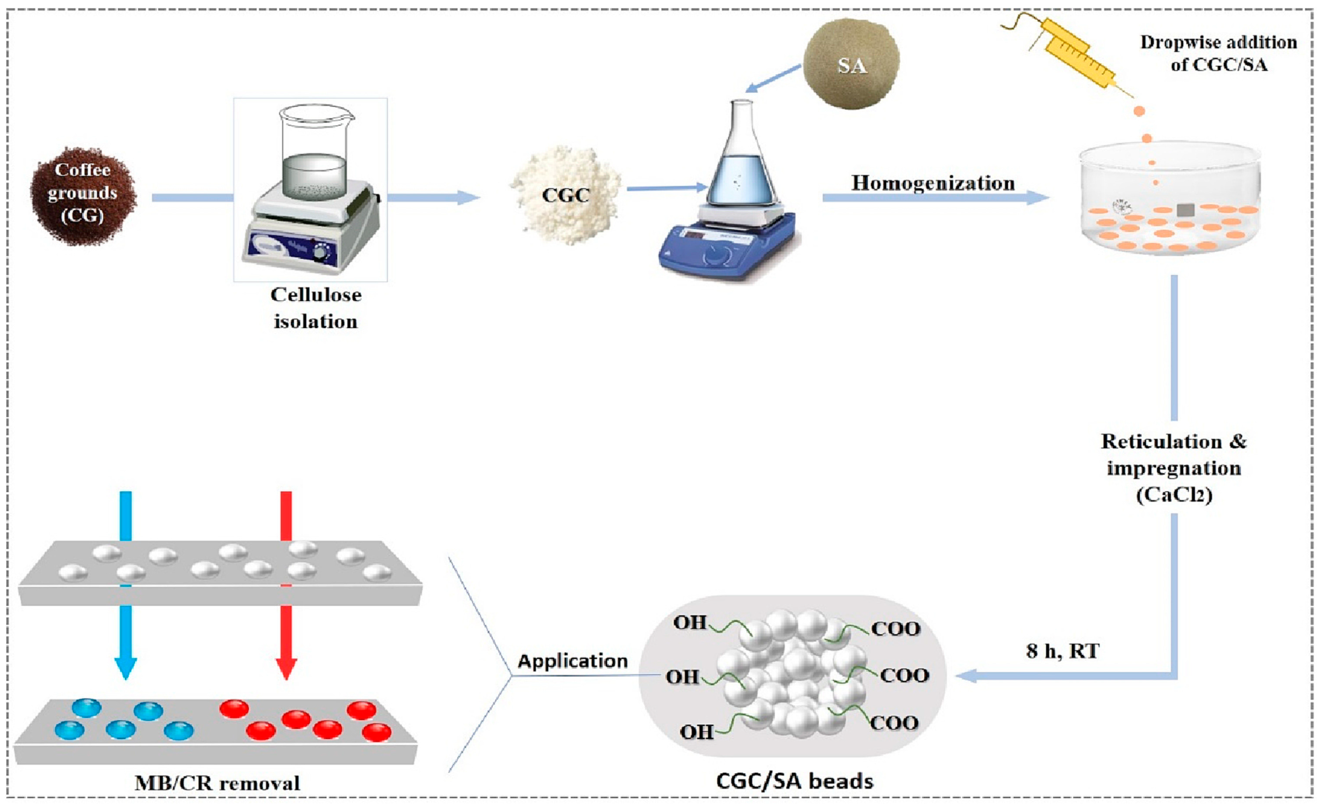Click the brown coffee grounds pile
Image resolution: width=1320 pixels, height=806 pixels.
(83, 195)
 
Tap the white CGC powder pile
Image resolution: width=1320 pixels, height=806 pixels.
(565, 195)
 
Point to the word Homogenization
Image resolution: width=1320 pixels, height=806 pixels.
(933, 183)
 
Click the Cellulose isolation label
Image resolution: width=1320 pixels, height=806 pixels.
(315, 308)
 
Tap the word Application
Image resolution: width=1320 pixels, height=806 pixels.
(572, 661)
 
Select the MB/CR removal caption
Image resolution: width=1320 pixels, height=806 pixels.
(217, 783)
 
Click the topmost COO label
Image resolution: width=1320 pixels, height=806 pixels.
(895, 628)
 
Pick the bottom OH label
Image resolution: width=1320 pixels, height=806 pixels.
(696, 731)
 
